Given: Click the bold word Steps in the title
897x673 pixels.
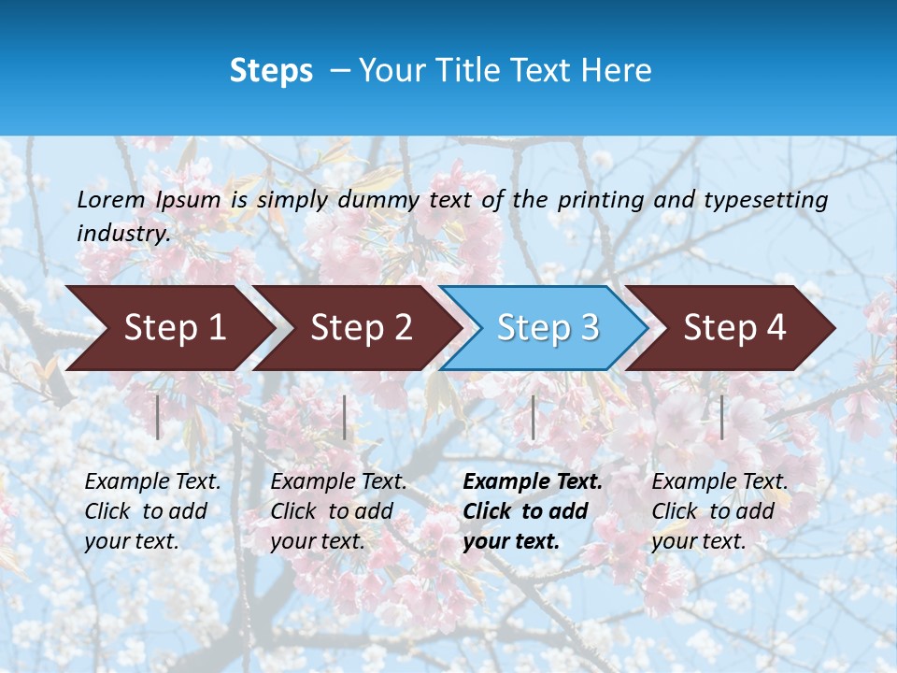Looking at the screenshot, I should [271, 71].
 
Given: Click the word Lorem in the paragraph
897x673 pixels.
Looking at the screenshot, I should [111, 199].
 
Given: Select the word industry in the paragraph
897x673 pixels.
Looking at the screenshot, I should [122, 234].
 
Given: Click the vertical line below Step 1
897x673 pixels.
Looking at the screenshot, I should [158, 417].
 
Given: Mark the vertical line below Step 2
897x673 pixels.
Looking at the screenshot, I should [345, 417].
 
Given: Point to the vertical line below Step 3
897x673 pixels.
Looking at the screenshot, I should [533, 417].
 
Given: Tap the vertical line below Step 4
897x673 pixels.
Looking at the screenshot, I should [721, 417].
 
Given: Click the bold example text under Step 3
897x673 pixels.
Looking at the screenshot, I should [533, 511].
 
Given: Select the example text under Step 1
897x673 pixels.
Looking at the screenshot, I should [152, 511].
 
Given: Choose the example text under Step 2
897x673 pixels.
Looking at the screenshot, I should [338, 511].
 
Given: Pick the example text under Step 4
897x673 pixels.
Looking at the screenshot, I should [719, 511].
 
